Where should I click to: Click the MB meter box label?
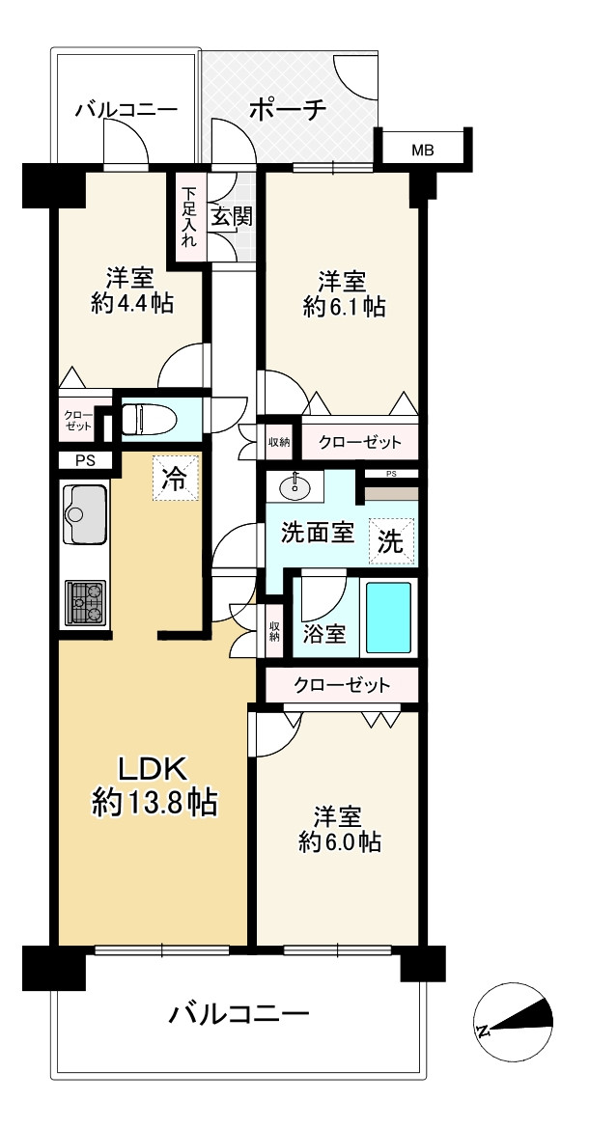tap(423, 150)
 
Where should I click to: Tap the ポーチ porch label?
tap(287, 109)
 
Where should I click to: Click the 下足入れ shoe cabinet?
tap(188, 218)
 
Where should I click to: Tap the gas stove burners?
tap(85, 602)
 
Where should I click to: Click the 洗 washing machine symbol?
tap(390, 542)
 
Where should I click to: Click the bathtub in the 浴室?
tap(388, 618)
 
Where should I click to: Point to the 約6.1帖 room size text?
tap(344, 307)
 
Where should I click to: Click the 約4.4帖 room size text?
tap(130, 303)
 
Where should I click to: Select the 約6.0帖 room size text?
tap(339, 841)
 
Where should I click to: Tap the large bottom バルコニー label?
tap(239, 1014)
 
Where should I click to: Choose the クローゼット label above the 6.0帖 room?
tap(343, 685)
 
